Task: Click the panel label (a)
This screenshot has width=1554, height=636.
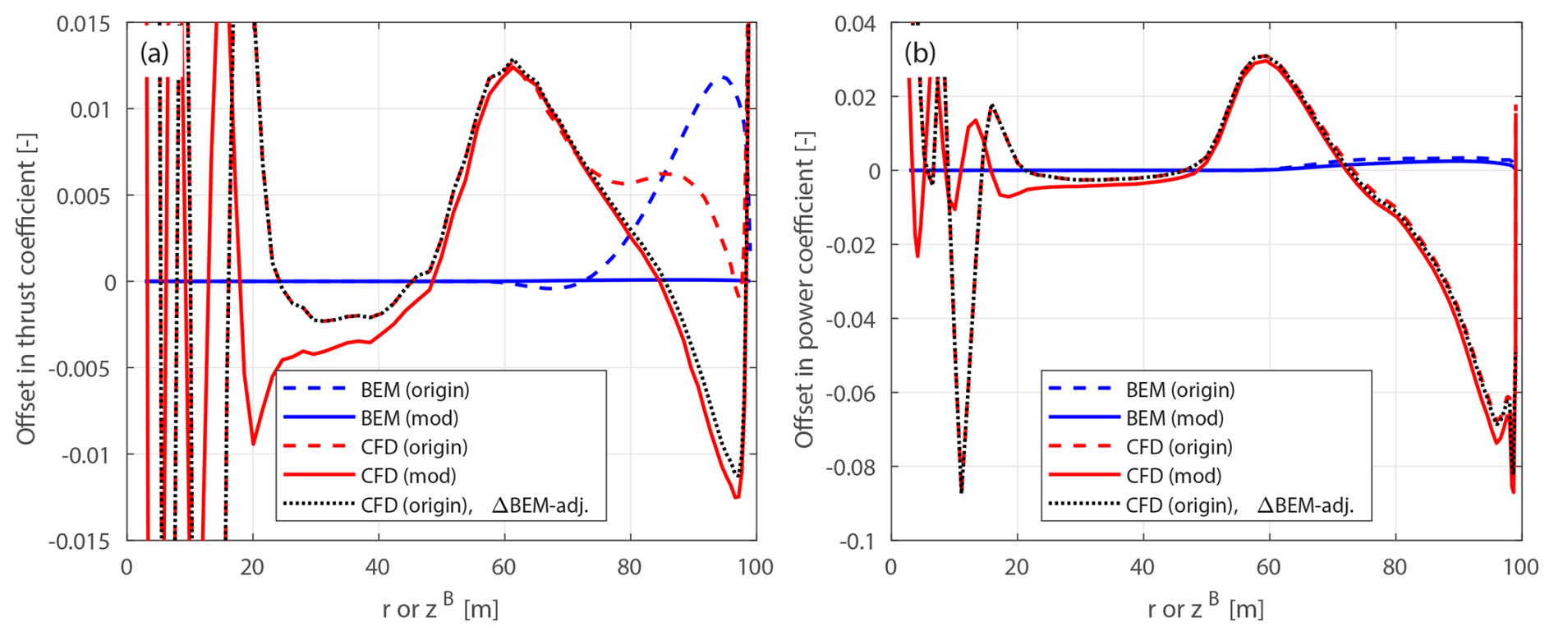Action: click(x=154, y=53)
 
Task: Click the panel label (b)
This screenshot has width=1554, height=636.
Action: click(x=920, y=53)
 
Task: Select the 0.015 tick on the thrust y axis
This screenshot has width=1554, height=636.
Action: click(x=83, y=24)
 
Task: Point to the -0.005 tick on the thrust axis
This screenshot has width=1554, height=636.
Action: click(x=79, y=368)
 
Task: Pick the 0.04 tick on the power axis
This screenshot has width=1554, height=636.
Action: click(x=855, y=24)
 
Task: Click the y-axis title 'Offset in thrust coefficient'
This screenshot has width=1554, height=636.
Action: click(x=26, y=289)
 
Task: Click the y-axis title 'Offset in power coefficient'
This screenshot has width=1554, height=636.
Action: click(x=803, y=289)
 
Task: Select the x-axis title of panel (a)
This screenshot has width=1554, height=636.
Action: click(x=440, y=608)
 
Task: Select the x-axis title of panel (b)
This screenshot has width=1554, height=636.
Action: click(x=1205, y=608)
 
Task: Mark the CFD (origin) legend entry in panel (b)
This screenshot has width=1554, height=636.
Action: click(x=1179, y=447)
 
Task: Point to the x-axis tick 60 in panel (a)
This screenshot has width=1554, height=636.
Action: click(x=503, y=567)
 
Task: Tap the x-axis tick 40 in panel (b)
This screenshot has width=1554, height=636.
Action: click(x=1143, y=567)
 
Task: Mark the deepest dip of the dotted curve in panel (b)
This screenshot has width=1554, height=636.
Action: click(x=961, y=491)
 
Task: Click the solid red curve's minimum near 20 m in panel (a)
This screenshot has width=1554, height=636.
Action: click(x=253, y=445)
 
